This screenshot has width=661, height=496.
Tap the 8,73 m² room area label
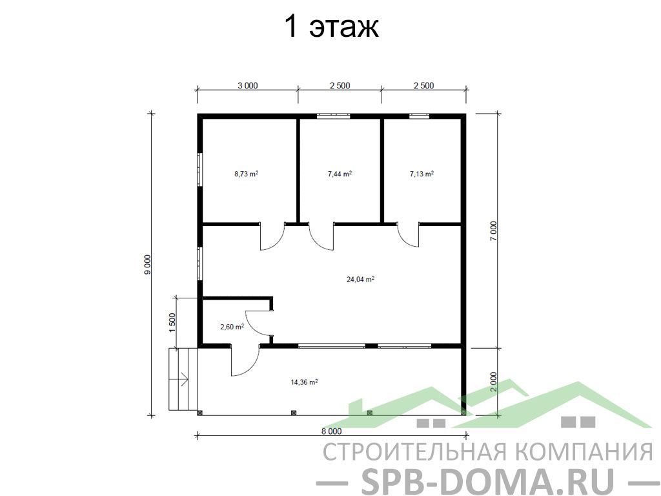(x=246, y=173)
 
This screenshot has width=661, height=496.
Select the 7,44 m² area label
(x=340, y=173)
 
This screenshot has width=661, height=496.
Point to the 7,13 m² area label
(x=422, y=173)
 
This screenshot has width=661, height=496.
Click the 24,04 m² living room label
(x=360, y=279)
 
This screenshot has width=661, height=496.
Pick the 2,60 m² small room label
(x=232, y=326)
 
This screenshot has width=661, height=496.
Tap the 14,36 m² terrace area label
(x=304, y=382)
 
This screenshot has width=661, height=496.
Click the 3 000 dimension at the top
(x=247, y=86)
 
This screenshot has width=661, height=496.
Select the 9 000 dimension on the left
(x=148, y=265)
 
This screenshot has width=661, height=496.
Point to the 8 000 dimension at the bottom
(x=332, y=431)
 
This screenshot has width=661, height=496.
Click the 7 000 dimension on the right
(x=494, y=231)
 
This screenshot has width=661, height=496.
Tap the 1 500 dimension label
(x=172, y=323)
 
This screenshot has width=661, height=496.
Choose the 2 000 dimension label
(x=494, y=382)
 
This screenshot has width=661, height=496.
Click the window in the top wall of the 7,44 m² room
(x=334, y=116)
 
